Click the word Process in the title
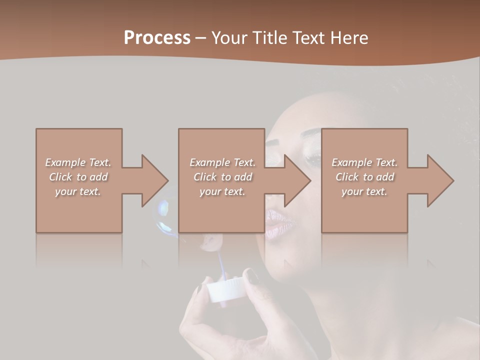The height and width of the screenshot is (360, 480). coord(157,38)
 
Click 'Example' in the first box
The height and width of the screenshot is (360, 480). coord(65,162)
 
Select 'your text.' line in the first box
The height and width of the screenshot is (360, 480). coord(78,191)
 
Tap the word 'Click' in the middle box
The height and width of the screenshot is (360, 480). coord(205,177)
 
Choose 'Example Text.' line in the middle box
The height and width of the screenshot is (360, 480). coord(222,162)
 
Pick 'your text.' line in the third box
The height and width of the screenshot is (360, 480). coord(364,191)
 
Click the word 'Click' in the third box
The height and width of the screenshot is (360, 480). coord(347,177)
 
